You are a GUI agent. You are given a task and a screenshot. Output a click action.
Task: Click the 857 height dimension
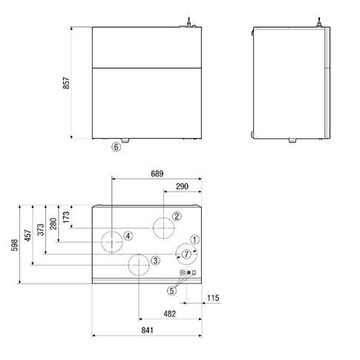point(66,83)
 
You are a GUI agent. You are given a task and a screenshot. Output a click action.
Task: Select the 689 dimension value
point(157,174)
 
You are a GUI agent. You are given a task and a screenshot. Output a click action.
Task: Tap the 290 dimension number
point(182,186)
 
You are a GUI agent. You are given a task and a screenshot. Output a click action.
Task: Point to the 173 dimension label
point(66,217)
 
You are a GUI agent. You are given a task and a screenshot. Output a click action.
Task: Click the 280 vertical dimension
point(53,224)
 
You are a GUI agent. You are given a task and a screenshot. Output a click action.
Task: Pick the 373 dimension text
point(40,229)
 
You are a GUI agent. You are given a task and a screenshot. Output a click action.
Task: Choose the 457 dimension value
point(27,235)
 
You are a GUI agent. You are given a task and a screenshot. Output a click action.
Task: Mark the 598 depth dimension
point(15,245)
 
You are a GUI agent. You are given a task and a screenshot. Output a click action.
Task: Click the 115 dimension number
point(213,298)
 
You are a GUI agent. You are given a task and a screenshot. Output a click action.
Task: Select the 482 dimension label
point(170,314)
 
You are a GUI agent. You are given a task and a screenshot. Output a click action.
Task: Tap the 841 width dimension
point(147,330)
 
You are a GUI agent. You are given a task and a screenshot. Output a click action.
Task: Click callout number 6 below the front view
point(117,147)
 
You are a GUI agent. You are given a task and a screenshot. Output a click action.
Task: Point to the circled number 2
point(177,217)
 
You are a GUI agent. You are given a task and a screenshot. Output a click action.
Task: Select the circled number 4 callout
point(128,236)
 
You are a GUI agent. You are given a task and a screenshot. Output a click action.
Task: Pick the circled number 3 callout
point(155,261)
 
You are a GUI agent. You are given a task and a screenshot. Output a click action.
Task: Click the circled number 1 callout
point(194,240)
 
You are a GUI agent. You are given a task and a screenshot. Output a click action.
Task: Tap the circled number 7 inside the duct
point(186,254)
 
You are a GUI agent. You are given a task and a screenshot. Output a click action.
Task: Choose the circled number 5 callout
point(172,291)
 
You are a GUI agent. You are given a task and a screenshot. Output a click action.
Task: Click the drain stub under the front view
point(125,140)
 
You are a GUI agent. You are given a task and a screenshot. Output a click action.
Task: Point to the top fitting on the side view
point(319,22)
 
